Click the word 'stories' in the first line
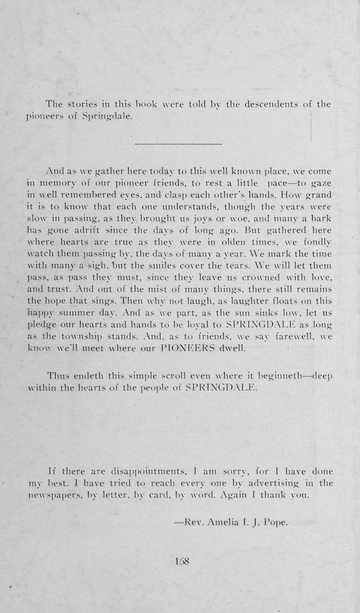coord(83,105)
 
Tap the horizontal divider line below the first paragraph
coord(178,144)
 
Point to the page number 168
coord(183,561)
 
